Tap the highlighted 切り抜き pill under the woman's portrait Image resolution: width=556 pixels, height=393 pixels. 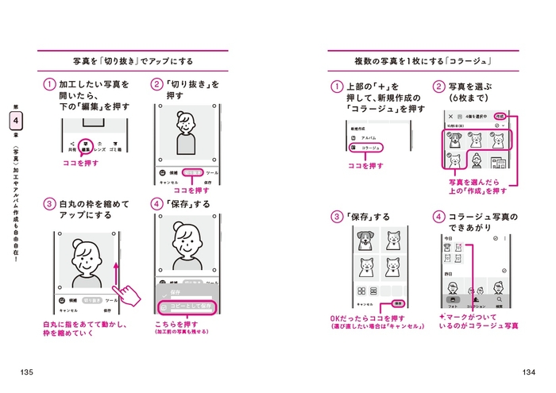191,172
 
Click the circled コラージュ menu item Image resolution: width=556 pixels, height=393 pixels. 365,148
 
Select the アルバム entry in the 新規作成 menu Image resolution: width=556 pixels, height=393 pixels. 364,137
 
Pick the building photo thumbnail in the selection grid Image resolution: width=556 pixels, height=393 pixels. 499,162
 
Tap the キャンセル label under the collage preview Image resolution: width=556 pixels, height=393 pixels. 365,304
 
